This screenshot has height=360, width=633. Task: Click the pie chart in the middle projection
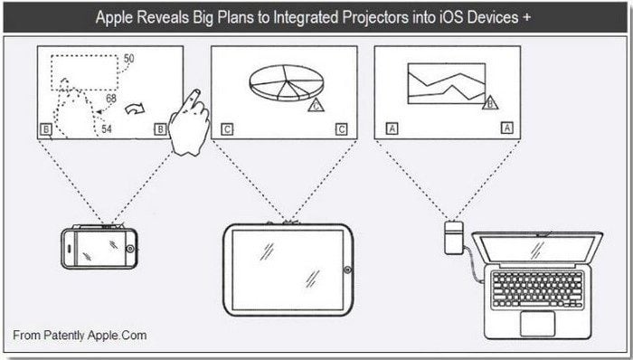(x=287, y=82)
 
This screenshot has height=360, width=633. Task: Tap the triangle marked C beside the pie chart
(x=316, y=105)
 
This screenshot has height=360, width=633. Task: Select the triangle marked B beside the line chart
(x=490, y=103)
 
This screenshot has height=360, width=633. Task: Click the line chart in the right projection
(x=447, y=83)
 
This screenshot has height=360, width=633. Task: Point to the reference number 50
(x=128, y=59)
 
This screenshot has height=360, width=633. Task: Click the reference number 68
(x=111, y=98)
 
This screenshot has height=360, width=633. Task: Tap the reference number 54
(x=106, y=129)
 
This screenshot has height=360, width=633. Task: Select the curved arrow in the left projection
(x=135, y=109)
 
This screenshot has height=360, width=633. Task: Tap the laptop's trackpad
(x=537, y=323)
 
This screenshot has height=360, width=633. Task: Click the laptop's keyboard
(x=538, y=289)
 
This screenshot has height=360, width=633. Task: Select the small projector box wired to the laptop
(x=453, y=237)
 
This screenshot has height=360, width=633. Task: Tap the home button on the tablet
(x=347, y=270)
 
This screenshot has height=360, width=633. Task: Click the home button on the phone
(x=130, y=249)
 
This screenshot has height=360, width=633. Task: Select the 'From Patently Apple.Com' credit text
(x=80, y=335)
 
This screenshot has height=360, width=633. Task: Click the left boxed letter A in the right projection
(x=392, y=128)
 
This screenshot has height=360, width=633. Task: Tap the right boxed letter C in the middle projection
(x=341, y=129)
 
